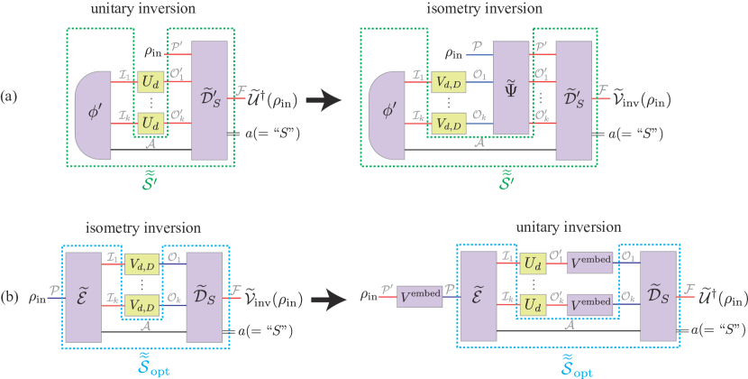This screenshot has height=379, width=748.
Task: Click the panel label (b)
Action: coord(9,294)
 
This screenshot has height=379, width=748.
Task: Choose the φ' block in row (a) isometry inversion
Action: coord(389,116)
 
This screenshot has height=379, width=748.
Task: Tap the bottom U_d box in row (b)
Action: coord(533,309)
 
